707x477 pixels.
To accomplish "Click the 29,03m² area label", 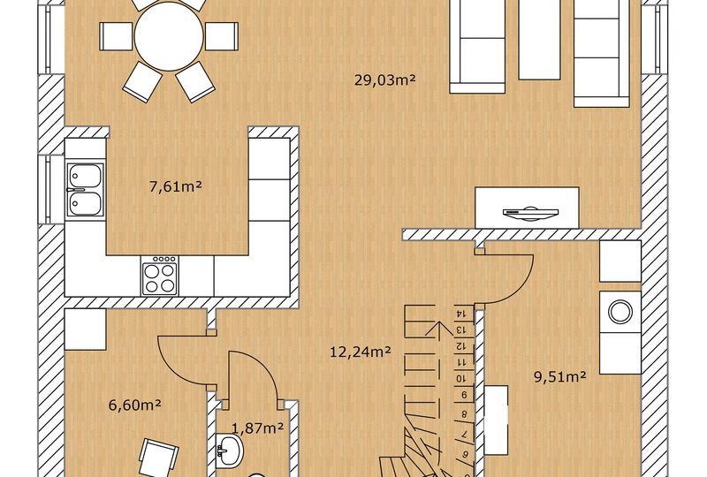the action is (x=384, y=80).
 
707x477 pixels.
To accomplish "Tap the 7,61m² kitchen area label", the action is (x=175, y=186).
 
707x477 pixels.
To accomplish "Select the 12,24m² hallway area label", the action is (x=361, y=352).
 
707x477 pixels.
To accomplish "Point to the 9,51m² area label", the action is (x=560, y=376).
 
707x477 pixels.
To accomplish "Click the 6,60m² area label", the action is (x=135, y=405).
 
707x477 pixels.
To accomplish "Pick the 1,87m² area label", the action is (x=257, y=428).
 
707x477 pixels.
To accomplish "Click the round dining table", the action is (x=169, y=36).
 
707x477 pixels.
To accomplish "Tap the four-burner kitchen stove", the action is (x=159, y=276).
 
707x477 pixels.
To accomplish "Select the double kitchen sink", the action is (x=85, y=190).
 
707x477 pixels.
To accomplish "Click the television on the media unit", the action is (x=531, y=213).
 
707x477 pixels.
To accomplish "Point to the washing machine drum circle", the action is (x=620, y=312).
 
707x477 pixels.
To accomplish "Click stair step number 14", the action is (x=461, y=313).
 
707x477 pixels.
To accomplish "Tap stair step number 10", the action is (x=460, y=378).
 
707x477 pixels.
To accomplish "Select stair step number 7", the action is (x=464, y=435).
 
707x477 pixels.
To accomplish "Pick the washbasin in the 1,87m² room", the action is (x=230, y=450).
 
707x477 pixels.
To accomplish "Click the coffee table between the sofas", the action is (x=539, y=40).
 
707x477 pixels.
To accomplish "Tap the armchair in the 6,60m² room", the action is (x=158, y=458).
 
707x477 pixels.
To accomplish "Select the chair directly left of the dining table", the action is (x=116, y=36).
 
